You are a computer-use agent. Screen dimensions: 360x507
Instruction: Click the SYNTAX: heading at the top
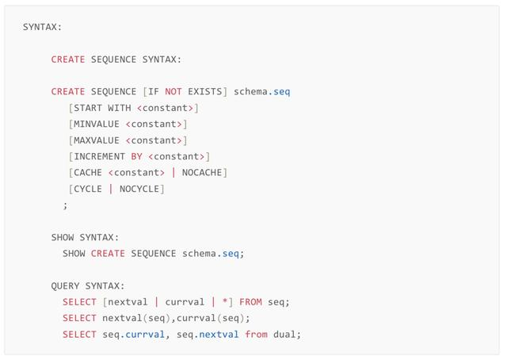click(x=42, y=27)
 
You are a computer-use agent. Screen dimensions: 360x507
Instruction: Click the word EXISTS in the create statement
click(x=204, y=91)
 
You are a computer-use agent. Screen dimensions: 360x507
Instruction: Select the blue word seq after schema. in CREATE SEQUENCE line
click(x=282, y=91)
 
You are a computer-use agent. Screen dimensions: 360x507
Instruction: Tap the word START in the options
click(x=88, y=108)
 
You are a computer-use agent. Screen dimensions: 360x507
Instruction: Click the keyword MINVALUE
click(x=97, y=124)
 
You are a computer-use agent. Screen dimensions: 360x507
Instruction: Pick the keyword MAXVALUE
click(x=97, y=140)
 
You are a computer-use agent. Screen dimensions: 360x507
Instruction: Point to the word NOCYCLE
click(x=139, y=189)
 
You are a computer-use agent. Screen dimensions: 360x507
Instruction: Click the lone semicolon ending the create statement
click(x=66, y=205)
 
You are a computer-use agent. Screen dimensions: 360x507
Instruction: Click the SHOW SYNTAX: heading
click(x=85, y=237)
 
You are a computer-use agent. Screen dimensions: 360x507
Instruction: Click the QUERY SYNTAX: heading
click(x=88, y=285)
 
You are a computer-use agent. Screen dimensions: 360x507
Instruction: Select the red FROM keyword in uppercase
click(x=250, y=301)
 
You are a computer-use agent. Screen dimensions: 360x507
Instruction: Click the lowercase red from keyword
click(x=256, y=334)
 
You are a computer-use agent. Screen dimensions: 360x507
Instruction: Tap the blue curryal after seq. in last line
click(x=145, y=334)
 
